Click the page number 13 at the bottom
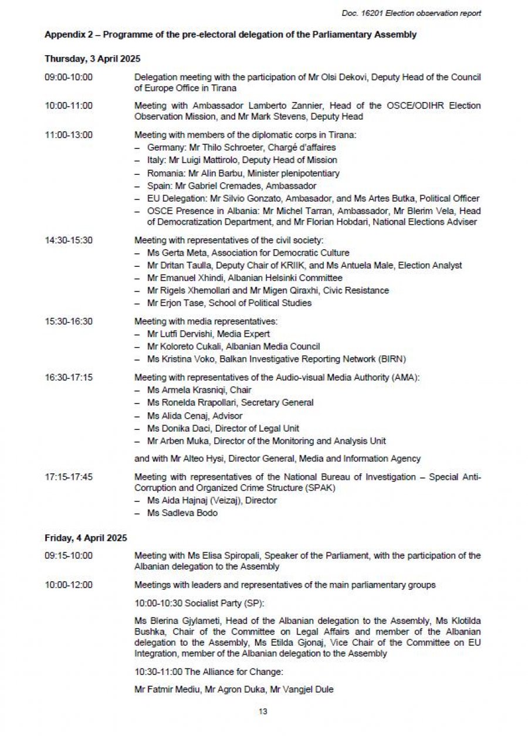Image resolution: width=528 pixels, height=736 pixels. coord(263,711)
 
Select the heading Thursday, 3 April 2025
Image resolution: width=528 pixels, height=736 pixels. coord(92,59)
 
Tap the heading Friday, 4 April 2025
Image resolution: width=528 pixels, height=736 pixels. coord(86,537)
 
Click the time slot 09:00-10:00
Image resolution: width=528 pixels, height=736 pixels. coord(69,77)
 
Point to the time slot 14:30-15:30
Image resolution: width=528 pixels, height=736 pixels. coord(69,240)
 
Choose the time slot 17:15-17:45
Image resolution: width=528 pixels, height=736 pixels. coord(69,477)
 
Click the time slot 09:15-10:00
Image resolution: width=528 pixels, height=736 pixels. coord(69,555)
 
